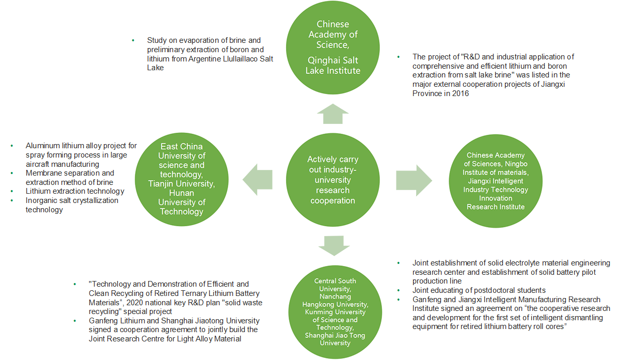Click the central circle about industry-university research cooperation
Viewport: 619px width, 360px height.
click(x=332, y=180)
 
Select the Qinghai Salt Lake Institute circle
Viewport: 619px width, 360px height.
click(x=332, y=47)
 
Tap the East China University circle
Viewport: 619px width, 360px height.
click(x=182, y=179)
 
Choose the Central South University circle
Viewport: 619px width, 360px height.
click(x=335, y=311)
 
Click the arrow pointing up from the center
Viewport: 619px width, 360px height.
click(x=332, y=114)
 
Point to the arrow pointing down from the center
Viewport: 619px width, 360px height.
click(x=332, y=245)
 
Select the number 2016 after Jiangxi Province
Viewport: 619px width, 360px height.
click(x=458, y=93)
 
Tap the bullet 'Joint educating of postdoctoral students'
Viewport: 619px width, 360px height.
click(x=479, y=290)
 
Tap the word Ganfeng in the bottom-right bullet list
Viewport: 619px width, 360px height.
click(x=427, y=299)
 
